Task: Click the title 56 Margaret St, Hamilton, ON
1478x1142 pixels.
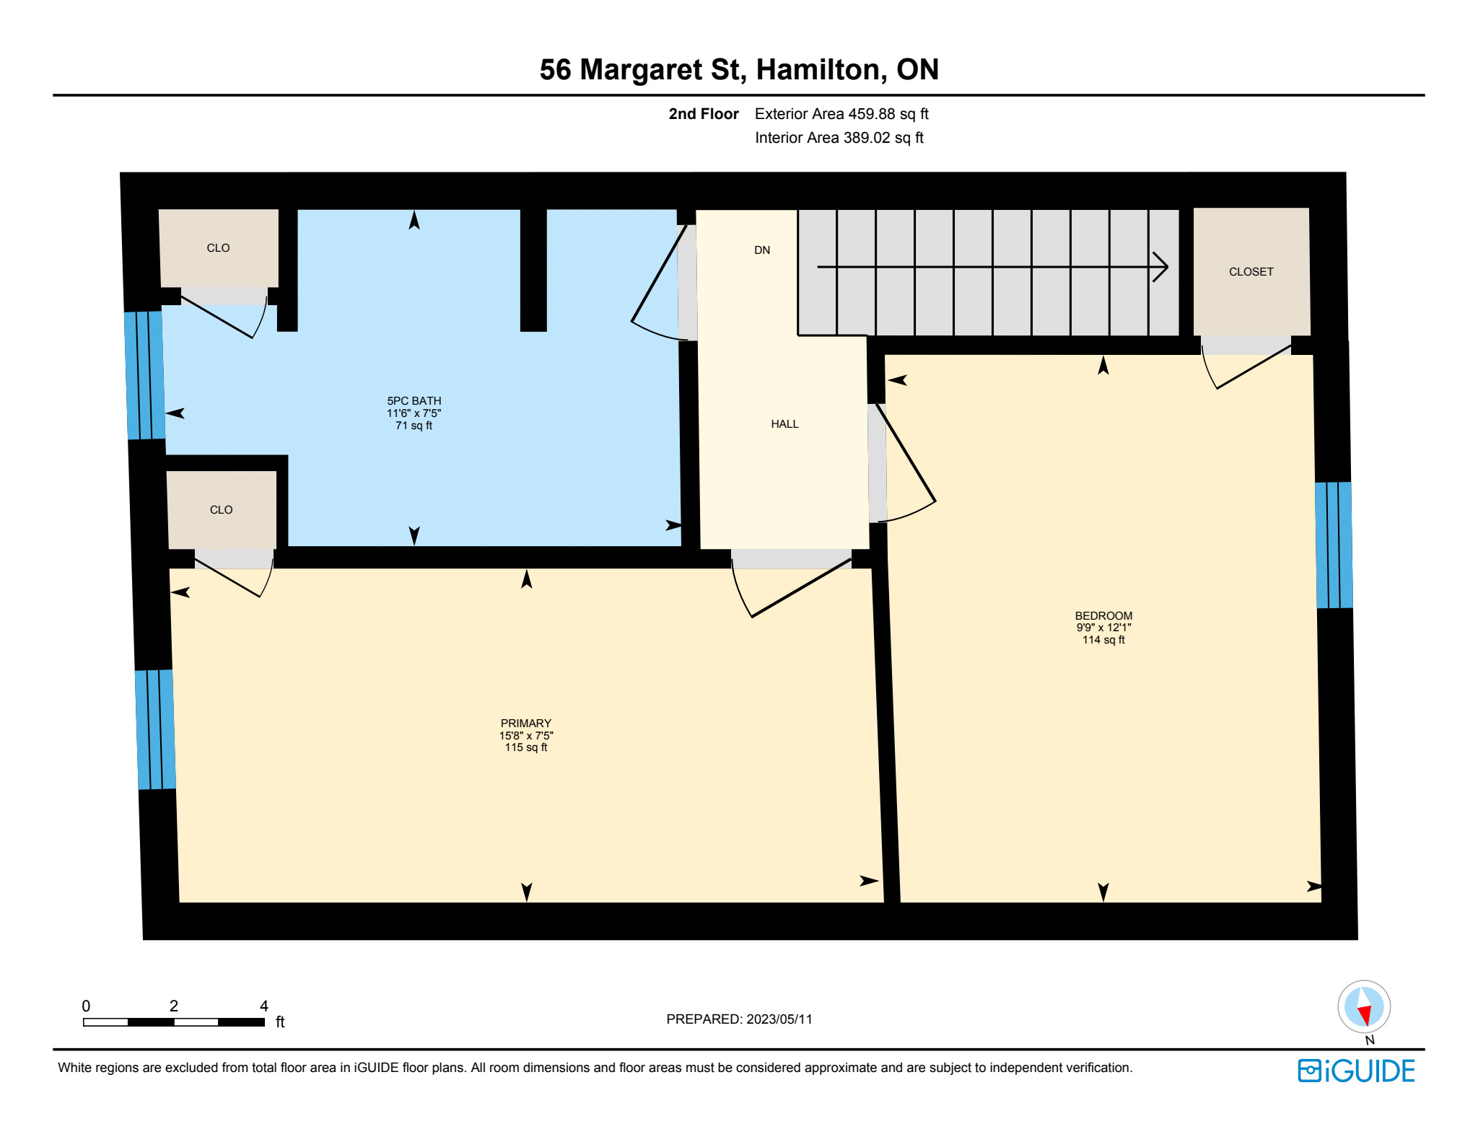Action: (739, 69)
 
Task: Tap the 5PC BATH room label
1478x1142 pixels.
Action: (414, 401)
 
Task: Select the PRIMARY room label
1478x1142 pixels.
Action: (526, 723)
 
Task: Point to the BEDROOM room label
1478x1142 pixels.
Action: (1103, 615)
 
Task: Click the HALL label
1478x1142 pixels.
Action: (784, 424)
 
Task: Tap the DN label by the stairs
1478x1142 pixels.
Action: (762, 250)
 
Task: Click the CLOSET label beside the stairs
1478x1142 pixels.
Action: (1251, 272)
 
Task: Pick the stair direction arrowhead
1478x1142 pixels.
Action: (1160, 267)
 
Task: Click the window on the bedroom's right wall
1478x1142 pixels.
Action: (1334, 545)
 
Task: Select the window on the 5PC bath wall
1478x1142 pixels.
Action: (145, 375)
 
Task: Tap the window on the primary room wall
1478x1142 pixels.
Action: (155, 729)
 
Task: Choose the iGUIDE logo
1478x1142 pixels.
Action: (1356, 1071)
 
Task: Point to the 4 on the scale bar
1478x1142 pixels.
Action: (264, 1006)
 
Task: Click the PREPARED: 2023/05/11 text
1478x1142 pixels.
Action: (739, 1019)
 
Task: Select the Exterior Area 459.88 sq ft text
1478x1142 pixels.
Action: (841, 114)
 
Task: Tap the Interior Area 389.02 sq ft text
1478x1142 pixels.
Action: (839, 138)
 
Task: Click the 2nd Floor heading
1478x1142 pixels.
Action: (704, 114)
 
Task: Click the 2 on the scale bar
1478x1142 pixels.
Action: (174, 1006)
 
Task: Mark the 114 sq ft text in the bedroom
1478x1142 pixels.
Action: (1103, 640)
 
